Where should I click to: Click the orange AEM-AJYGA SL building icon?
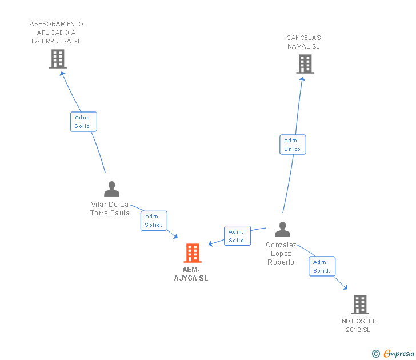pyautogui.click(x=193, y=253)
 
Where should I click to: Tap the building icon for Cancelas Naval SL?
pyautogui.click(x=305, y=64)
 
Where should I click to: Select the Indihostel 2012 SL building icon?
pyautogui.click(x=359, y=305)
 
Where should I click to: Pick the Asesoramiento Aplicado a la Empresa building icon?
pyautogui.click(x=58, y=59)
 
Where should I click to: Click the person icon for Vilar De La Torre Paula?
pyautogui.click(x=111, y=189)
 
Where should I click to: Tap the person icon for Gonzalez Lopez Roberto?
pyautogui.click(x=282, y=230)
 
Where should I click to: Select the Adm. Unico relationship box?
pyautogui.click(x=293, y=145)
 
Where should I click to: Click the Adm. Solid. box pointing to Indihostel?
pyautogui.click(x=322, y=266)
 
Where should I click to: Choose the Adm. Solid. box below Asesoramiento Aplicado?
pyautogui.click(x=83, y=122)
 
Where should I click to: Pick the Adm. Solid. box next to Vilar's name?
pyautogui.click(x=154, y=221)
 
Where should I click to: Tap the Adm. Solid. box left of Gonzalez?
pyautogui.click(x=237, y=236)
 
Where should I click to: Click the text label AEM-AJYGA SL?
pyautogui.click(x=191, y=274)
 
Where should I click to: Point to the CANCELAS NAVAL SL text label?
pyautogui.click(x=303, y=42)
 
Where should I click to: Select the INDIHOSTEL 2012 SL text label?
pyautogui.click(x=358, y=325)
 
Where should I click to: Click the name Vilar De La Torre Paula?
pyautogui.click(x=110, y=209)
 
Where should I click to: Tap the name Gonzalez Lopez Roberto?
pyautogui.click(x=281, y=253)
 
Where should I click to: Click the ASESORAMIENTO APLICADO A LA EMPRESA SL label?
pyautogui.click(x=57, y=33)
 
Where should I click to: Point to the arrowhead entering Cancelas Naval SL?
pyautogui.click(x=303, y=79)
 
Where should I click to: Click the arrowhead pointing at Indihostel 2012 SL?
pyautogui.click(x=345, y=287)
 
